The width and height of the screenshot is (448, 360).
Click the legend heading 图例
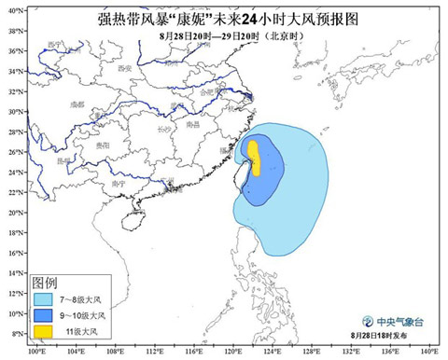pyautogui.click(x=46, y=282)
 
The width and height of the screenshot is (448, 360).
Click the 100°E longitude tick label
pyautogui.click(x=36, y=352)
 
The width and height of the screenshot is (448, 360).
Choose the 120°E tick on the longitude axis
pyautogui.click(x=232, y=352)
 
